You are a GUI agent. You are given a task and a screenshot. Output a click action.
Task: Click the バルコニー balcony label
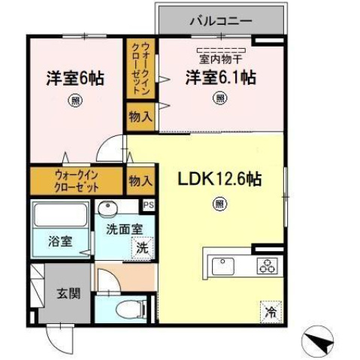point(220,20)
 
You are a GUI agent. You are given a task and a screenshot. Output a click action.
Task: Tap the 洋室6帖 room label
point(74,78)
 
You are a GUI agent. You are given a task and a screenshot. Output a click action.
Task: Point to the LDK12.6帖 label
point(219,180)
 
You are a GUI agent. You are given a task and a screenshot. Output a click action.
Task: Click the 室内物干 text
point(219,57)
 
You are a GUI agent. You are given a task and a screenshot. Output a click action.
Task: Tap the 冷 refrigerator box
point(269,308)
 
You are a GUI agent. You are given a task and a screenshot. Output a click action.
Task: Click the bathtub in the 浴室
point(62,219)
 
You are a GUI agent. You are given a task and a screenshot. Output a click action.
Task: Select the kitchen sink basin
point(223,265)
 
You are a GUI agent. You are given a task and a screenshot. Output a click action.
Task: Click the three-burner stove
point(266,265)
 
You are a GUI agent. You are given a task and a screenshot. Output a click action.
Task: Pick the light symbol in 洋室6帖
point(74,101)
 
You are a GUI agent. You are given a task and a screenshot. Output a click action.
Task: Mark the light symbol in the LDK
point(219,202)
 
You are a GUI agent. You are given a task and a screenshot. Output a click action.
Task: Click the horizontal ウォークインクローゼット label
point(74,180)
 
